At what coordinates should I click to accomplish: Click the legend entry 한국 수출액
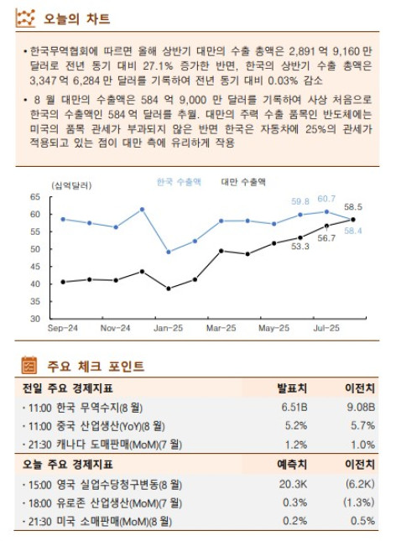178,181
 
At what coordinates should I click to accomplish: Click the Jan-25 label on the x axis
167,328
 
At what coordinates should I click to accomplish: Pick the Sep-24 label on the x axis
63,328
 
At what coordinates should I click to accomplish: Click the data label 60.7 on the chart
326,199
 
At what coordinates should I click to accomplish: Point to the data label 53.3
300,247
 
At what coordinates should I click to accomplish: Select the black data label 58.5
353,206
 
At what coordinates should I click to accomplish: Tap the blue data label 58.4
353,231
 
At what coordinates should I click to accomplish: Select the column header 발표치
292,388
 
